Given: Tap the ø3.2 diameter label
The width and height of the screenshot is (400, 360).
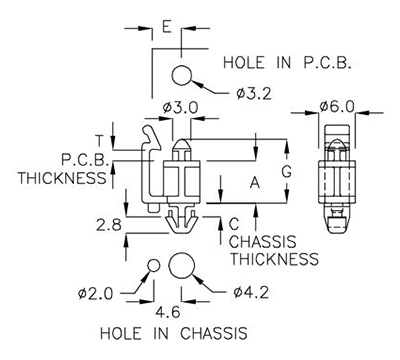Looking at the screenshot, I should (x=257, y=94).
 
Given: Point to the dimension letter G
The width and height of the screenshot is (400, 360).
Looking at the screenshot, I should (x=285, y=172).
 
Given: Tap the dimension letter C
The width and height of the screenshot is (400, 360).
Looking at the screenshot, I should (x=233, y=224).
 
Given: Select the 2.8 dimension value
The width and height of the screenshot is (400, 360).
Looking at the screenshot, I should (x=110, y=226).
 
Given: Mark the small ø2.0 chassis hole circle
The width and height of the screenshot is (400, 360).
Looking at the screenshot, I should (x=154, y=265).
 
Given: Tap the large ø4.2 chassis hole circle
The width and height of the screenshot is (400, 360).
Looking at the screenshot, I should (x=182, y=266).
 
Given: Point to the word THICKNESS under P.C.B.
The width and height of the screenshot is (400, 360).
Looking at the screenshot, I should (x=63, y=178).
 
